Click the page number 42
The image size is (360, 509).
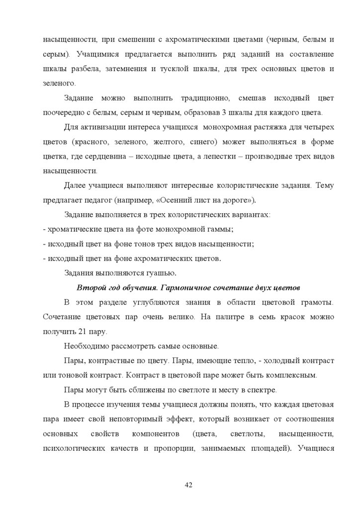click(188, 485)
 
